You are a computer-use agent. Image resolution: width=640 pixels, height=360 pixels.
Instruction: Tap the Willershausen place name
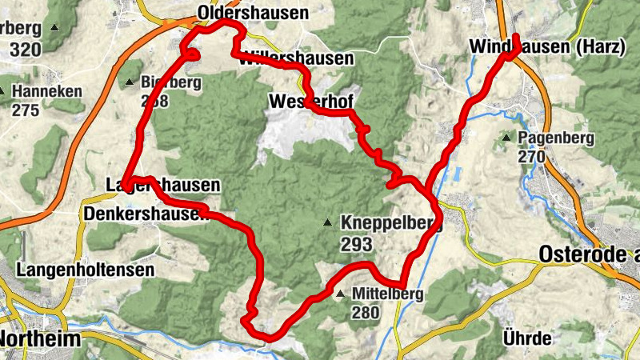pyautogui.click(x=296, y=58)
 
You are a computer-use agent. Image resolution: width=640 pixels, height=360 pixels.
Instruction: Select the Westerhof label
pyautogui.click(x=311, y=101)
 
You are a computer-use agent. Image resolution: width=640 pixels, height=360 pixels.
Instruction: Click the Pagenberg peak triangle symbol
pyautogui.click(x=506, y=138)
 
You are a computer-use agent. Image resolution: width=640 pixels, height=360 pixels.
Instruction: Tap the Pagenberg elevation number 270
pyautogui.click(x=531, y=157)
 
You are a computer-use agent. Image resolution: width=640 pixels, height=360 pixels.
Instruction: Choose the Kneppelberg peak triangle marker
pyautogui.click(x=328, y=222)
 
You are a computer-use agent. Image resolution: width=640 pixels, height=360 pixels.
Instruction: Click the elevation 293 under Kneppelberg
pyautogui.click(x=356, y=241)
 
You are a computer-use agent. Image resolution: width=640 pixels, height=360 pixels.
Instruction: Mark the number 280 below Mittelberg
pyautogui.click(x=365, y=313)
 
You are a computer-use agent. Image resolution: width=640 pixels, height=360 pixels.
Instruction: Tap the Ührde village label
pyautogui.click(x=526, y=337)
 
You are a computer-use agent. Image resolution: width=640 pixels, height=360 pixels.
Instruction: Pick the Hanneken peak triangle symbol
pyautogui.click(x=4, y=91)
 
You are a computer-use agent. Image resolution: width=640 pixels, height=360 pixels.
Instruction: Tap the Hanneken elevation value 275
pyautogui.click(x=26, y=110)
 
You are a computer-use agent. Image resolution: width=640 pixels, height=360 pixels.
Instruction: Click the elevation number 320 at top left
pyautogui.click(x=26, y=50)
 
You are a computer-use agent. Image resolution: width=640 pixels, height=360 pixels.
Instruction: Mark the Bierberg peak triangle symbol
pyautogui.click(x=130, y=82)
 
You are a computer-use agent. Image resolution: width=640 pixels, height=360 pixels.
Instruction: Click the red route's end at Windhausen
pyautogui.click(x=516, y=37)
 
